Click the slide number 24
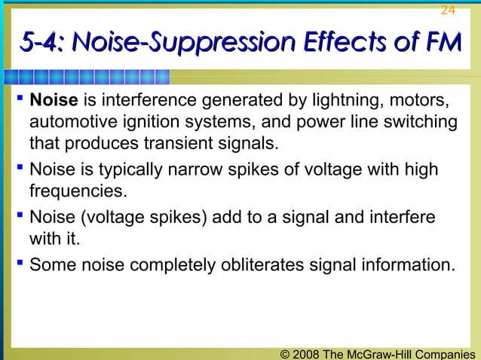click(x=448, y=10)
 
